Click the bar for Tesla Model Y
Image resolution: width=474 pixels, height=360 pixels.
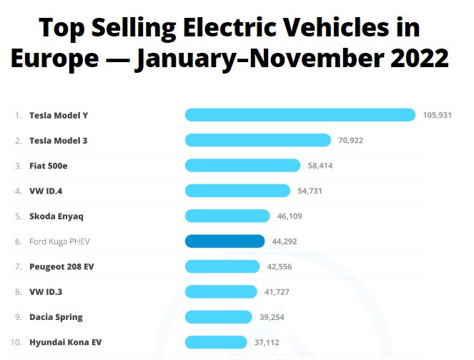(x=300, y=115)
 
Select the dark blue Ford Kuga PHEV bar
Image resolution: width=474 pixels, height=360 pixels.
(x=224, y=241)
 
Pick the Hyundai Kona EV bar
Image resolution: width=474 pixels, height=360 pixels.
(x=216, y=342)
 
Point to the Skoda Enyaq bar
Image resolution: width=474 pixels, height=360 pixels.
(x=227, y=216)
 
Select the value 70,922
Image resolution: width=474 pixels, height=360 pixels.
(x=351, y=140)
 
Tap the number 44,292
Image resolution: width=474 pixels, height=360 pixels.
(x=285, y=241)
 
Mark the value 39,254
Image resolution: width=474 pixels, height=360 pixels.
(x=272, y=317)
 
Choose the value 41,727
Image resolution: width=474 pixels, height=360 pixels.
(x=277, y=291)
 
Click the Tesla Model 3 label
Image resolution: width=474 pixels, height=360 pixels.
(x=58, y=140)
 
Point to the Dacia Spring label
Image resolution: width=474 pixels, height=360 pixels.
(x=56, y=317)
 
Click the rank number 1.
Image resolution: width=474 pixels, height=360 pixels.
(x=18, y=115)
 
